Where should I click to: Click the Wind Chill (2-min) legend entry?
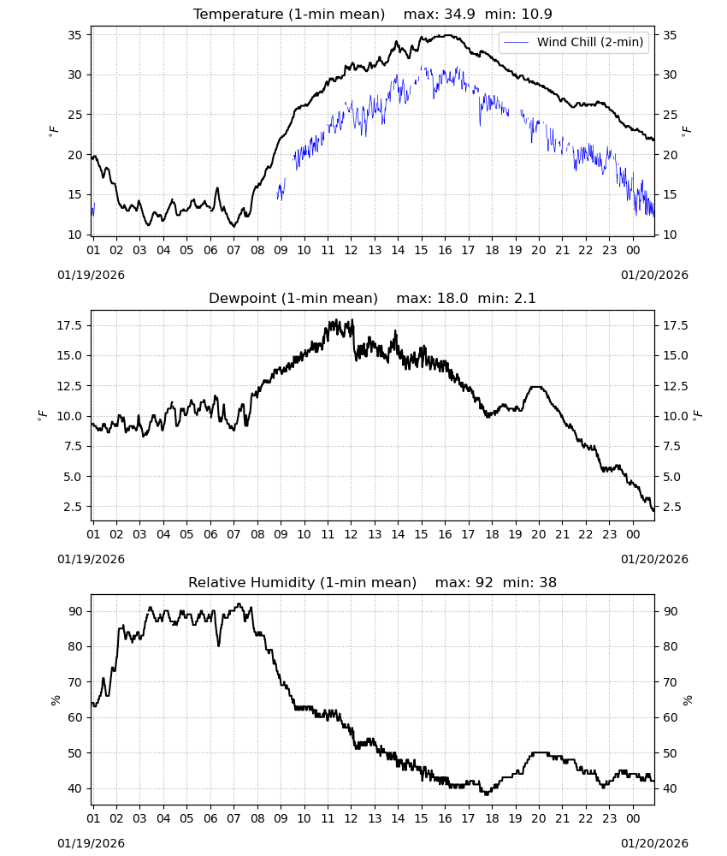[x=574, y=42]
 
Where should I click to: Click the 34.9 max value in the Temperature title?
[x=459, y=14]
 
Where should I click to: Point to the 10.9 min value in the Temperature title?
[x=536, y=14]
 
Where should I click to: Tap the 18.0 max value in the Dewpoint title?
[x=452, y=298]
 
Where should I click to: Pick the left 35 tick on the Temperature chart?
[x=74, y=35]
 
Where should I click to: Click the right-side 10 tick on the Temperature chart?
[x=670, y=235]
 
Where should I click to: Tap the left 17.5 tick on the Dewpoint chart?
[x=69, y=325]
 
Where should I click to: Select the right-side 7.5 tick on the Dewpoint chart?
[x=671, y=446]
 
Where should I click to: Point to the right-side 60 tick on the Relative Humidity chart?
[x=670, y=718]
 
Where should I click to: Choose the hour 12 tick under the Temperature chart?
[x=351, y=250]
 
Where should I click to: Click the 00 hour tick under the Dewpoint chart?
[x=633, y=534]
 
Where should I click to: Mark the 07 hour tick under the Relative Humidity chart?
[x=233, y=819]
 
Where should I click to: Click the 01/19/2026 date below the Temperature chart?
[x=91, y=275]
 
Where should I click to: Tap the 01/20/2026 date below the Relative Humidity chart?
[x=654, y=843]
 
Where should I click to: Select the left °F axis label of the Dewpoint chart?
[x=43, y=416]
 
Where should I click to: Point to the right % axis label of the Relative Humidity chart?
[x=687, y=700]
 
